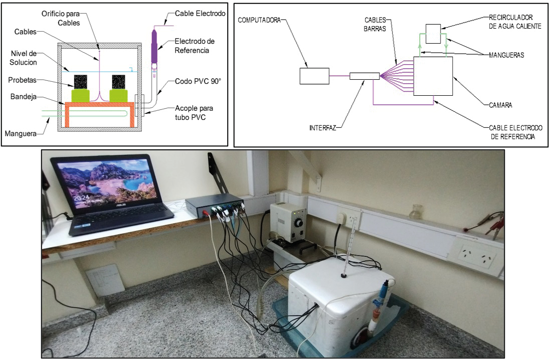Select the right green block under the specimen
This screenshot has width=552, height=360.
tap(119, 95)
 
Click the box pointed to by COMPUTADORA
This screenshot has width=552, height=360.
tap(314, 76)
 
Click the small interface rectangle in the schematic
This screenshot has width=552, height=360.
tap(364, 76)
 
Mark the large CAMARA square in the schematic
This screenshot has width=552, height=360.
tap(432, 76)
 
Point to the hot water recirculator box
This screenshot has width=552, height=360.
tap(433, 33)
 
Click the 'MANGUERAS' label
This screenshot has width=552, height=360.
tap(506, 55)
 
